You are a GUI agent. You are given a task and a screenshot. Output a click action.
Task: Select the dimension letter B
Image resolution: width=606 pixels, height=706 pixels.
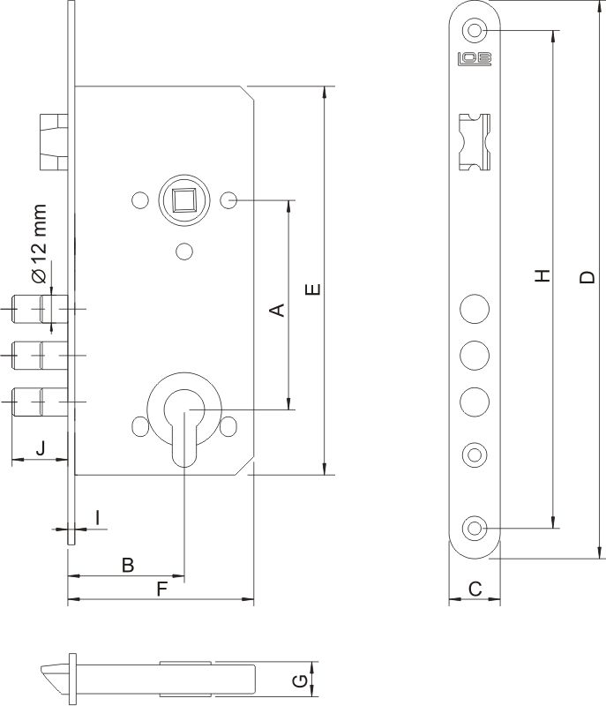[x=128, y=565]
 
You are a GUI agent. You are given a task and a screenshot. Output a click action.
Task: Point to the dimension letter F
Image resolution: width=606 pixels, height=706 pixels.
[x=162, y=589]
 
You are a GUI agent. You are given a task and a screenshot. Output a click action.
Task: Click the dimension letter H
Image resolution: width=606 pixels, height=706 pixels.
[x=543, y=275]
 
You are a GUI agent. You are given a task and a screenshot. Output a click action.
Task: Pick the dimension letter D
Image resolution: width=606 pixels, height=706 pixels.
[x=587, y=277]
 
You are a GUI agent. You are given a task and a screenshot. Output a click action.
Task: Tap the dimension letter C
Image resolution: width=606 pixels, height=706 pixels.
[x=475, y=589]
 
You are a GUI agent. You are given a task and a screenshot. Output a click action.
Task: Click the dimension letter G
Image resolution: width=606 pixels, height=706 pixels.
[x=300, y=680]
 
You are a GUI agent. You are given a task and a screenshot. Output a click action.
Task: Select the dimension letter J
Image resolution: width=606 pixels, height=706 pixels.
[x=41, y=448]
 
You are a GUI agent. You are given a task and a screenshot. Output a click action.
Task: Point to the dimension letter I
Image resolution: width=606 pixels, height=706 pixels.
[x=98, y=518]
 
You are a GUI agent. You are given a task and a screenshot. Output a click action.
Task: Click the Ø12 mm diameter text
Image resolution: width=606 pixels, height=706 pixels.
[x=39, y=244]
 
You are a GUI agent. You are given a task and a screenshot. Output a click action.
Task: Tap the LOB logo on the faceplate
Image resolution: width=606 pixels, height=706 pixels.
[x=475, y=59]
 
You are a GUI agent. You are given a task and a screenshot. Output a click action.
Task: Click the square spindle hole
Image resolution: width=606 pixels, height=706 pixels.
[x=183, y=200]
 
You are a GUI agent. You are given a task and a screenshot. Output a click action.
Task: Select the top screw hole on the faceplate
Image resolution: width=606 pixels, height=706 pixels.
[x=475, y=30]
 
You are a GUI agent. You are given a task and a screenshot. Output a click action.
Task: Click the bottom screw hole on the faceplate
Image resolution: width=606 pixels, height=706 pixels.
[x=475, y=527]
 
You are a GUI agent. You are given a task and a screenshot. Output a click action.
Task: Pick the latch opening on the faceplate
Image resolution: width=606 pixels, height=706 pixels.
[x=475, y=142]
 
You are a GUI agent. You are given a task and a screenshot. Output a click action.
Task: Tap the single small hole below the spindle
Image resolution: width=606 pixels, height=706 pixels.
[x=184, y=252]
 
